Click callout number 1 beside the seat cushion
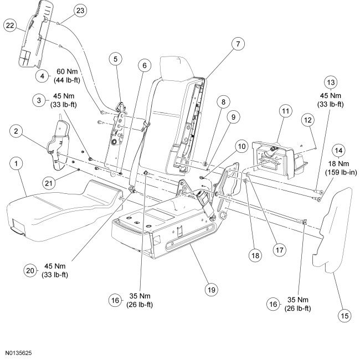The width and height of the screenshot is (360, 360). pos(17,164)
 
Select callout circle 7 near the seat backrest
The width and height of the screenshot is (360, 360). pos(236,43)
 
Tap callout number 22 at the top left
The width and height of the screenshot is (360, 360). pos(10,25)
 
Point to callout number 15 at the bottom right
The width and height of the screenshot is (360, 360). pos(344,316)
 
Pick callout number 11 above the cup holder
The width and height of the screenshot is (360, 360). pos(285,111)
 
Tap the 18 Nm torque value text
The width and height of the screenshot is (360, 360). pos(339,164)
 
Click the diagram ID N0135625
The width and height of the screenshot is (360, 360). pos(19,351)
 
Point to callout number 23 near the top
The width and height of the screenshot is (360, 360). pos(80,10)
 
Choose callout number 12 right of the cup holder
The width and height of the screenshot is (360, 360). pos(308,120)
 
